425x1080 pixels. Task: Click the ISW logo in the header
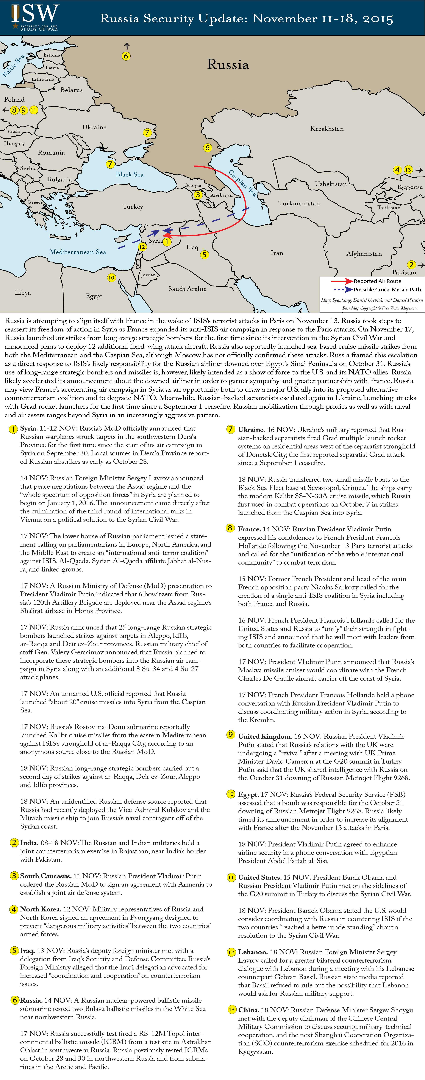point(35,17)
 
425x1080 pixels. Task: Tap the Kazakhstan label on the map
point(327,129)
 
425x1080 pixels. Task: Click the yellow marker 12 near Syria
point(142,247)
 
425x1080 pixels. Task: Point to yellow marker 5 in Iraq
point(204,254)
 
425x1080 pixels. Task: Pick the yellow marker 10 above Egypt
point(111,278)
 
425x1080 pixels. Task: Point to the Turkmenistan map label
point(299,203)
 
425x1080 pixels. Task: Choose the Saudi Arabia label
point(187,289)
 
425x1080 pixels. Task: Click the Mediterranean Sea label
point(78,252)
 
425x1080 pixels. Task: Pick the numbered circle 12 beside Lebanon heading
point(231,952)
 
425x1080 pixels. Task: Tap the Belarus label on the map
point(72,90)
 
